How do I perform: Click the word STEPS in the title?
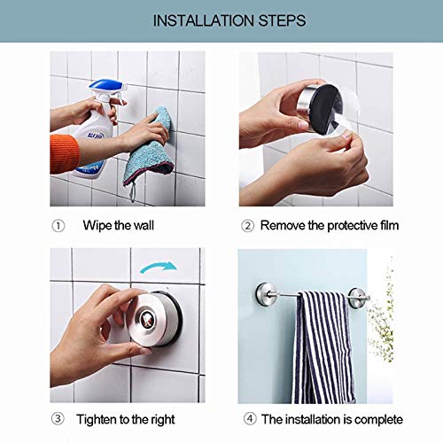[276, 19]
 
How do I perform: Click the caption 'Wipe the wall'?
[118, 225]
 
